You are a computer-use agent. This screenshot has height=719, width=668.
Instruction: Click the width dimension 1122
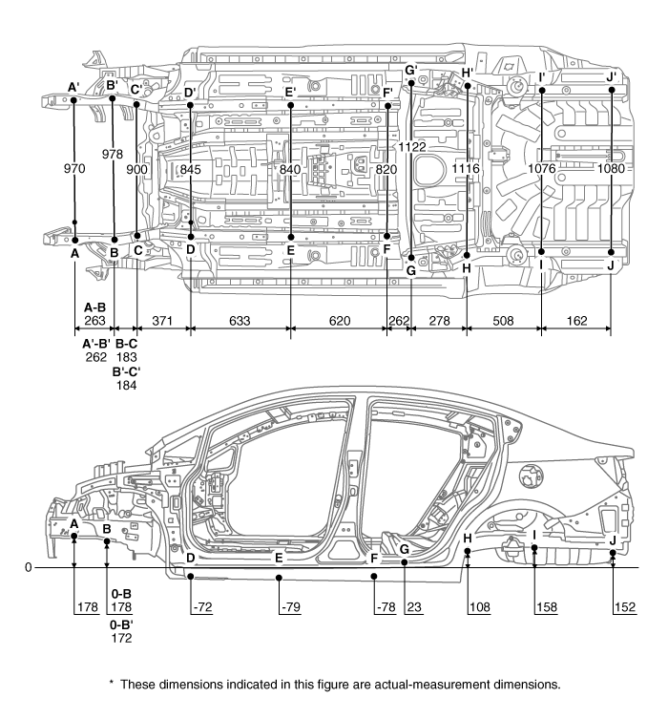[x=413, y=147]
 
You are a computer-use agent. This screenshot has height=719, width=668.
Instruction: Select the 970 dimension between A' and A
[x=75, y=168]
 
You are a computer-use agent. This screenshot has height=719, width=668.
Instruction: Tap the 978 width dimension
[x=113, y=154]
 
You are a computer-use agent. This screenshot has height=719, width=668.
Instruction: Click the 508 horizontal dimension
[x=503, y=322]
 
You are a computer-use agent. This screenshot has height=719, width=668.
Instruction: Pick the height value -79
[x=291, y=607]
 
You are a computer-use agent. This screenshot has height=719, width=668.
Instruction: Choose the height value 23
[x=412, y=607]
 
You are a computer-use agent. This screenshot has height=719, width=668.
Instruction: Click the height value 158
[x=547, y=607]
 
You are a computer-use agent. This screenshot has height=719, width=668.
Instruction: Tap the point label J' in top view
[x=612, y=76]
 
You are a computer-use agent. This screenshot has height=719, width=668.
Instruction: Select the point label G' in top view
[x=411, y=70]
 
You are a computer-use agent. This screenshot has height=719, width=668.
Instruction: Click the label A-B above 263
[x=94, y=307]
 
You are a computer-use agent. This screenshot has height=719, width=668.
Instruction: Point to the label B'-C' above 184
[x=126, y=371]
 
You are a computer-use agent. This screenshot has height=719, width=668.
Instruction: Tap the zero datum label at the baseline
[x=29, y=567]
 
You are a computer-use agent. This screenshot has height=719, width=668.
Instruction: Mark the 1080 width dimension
[x=612, y=168]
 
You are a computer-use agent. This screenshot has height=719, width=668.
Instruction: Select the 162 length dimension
[x=576, y=322]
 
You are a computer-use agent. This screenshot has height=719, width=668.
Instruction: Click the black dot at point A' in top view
[x=74, y=99]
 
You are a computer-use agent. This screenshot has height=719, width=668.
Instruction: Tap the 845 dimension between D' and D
[x=191, y=169]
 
